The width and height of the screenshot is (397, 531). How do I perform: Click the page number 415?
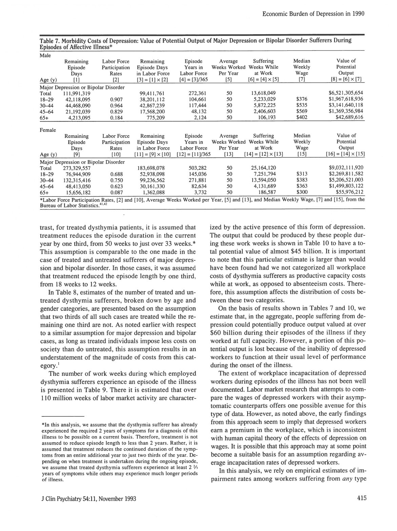[361, 498]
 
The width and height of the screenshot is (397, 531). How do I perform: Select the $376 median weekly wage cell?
[301, 100]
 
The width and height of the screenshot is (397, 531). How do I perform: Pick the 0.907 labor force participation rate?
[116, 100]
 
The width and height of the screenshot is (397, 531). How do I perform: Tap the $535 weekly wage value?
[301, 106]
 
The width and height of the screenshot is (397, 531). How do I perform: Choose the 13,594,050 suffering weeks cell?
[263, 180]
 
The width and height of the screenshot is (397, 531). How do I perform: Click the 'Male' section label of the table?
[45, 55]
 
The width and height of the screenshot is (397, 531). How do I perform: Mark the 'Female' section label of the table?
[47, 130]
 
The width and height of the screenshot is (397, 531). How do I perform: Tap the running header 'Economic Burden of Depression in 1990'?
[313, 14]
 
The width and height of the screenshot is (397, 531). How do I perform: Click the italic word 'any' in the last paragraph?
[346, 479]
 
